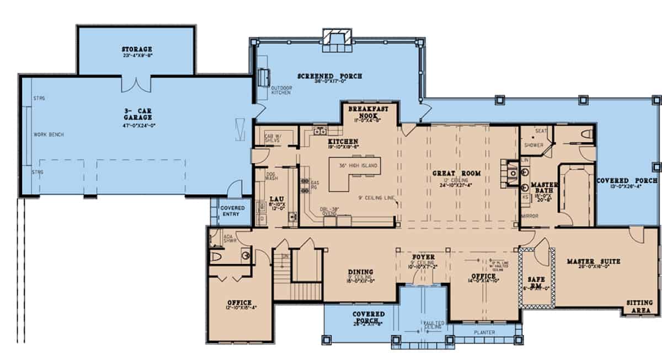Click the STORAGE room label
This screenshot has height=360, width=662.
137,50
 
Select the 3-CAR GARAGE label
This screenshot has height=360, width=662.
137,114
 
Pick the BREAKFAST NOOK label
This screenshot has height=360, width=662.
368,112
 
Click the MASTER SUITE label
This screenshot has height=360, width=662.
593,261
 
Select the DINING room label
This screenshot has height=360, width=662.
360,272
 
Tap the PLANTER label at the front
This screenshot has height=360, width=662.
484,332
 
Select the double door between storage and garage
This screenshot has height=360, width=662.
135,84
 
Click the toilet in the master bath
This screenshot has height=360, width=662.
586,133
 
